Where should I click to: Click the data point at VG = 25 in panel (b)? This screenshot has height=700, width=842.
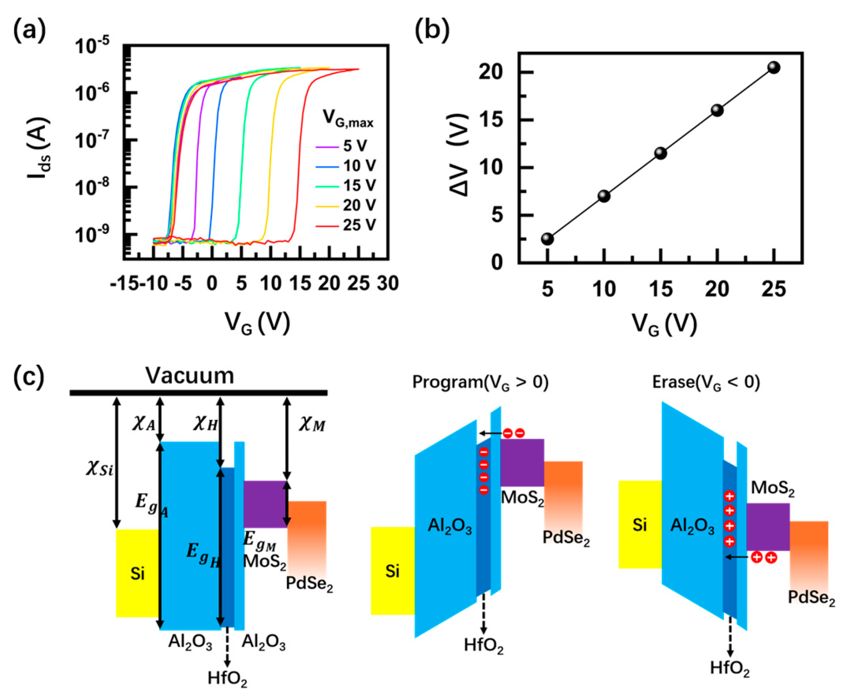pyautogui.click(x=774, y=67)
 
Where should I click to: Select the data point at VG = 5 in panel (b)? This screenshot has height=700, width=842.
pyautogui.click(x=547, y=239)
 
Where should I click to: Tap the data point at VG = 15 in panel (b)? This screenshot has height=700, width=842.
pyautogui.click(x=661, y=153)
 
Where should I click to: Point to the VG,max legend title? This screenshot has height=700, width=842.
pyautogui.click(x=348, y=118)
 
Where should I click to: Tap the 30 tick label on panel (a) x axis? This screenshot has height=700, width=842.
pyautogui.click(x=388, y=284)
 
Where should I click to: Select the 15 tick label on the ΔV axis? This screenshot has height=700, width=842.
pyautogui.click(x=490, y=120)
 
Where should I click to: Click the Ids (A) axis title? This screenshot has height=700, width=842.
pyautogui.click(x=39, y=148)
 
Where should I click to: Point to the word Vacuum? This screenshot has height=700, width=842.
pyautogui.click(x=189, y=375)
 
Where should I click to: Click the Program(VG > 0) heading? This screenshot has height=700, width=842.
pyautogui.click(x=480, y=382)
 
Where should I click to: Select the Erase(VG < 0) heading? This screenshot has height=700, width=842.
pyautogui.click(x=706, y=382)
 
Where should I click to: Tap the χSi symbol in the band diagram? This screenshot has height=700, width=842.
pyautogui.click(x=99, y=468)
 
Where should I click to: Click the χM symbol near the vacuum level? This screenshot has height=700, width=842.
pyautogui.click(x=312, y=425)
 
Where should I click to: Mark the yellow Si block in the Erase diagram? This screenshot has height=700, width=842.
pyautogui.click(x=640, y=524)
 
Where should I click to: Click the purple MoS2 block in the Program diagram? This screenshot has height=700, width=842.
pyautogui.click(x=522, y=462)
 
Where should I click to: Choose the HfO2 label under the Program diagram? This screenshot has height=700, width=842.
pyautogui.click(x=484, y=645)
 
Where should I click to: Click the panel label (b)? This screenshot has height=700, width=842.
pyautogui.click(x=432, y=31)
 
